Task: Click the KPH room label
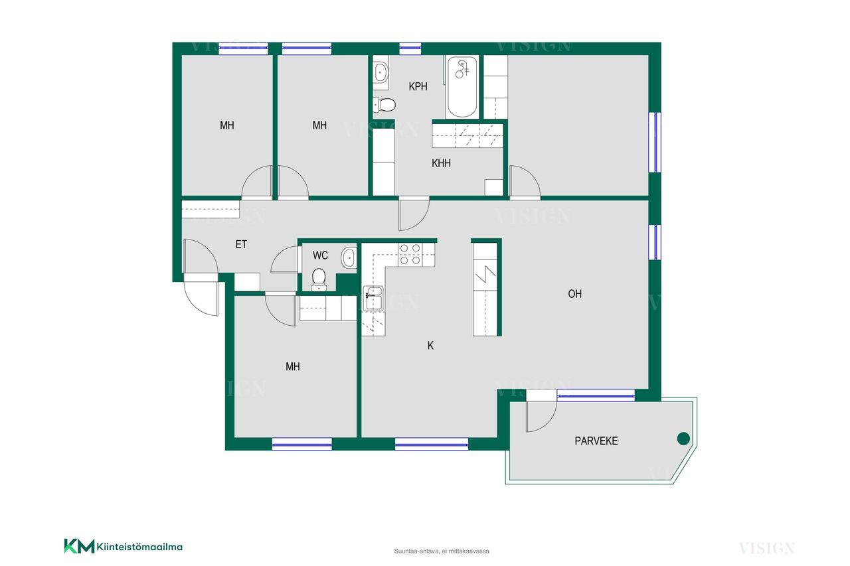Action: pyautogui.click(x=418, y=86)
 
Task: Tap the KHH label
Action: pyautogui.click(x=441, y=163)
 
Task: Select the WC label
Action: pyautogui.click(x=320, y=255)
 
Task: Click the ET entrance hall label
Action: pyautogui.click(x=241, y=245)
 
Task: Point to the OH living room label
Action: pyautogui.click(x=574, y=294)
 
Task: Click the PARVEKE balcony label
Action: pyautogui.click(x=596, y=441)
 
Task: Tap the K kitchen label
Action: pyautogui.click(x=430, y=345)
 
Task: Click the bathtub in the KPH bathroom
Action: pyautogui.click(x=462, y=86)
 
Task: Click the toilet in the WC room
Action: pyautogui.click(x=319, y=280)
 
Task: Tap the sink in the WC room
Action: pyautogui.click(x=349, y=258)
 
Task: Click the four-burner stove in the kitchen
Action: pyautogui.click(x=410, y=254)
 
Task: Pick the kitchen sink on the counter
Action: pyautogui.click(x=373, y=298)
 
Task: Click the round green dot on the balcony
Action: pyautogui.click(x=683, y=439)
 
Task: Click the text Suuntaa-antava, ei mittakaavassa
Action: pyautogui.click(x=442, y=551)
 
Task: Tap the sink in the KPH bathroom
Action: pyautogui.click(x=381, y=72)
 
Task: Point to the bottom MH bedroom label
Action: pyautogui.click(x=293, y=366)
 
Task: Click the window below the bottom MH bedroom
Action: pyautogui.click(x=302, y=444)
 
